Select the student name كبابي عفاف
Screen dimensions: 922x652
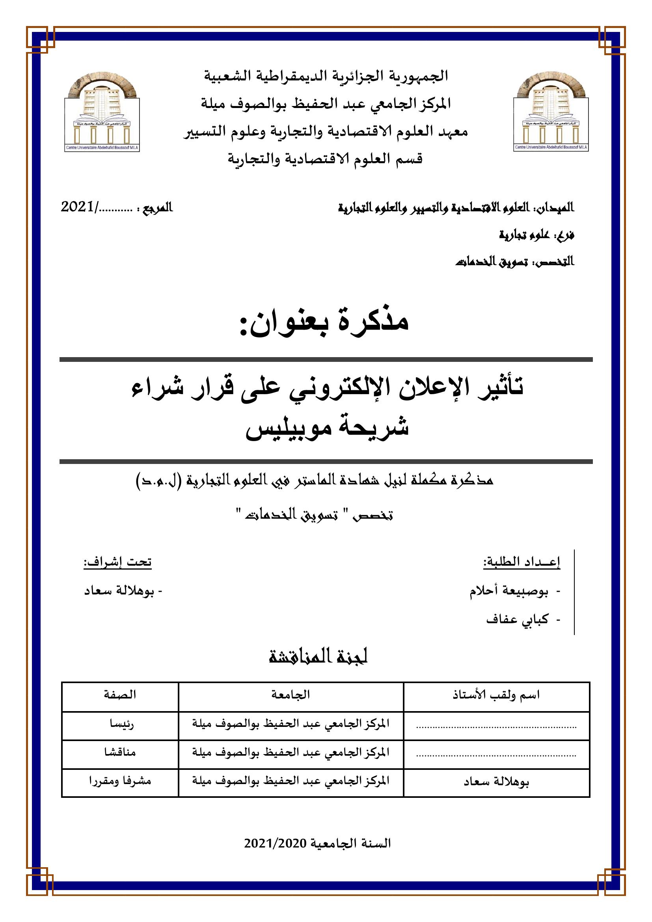[x=517, y=620]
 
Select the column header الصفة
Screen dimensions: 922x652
[x=120, y=695]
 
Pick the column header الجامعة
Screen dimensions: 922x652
[x=291, y=695]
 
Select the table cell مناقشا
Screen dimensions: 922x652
[x=120, y=752]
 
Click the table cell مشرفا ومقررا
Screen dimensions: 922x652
[x=120, y=780]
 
